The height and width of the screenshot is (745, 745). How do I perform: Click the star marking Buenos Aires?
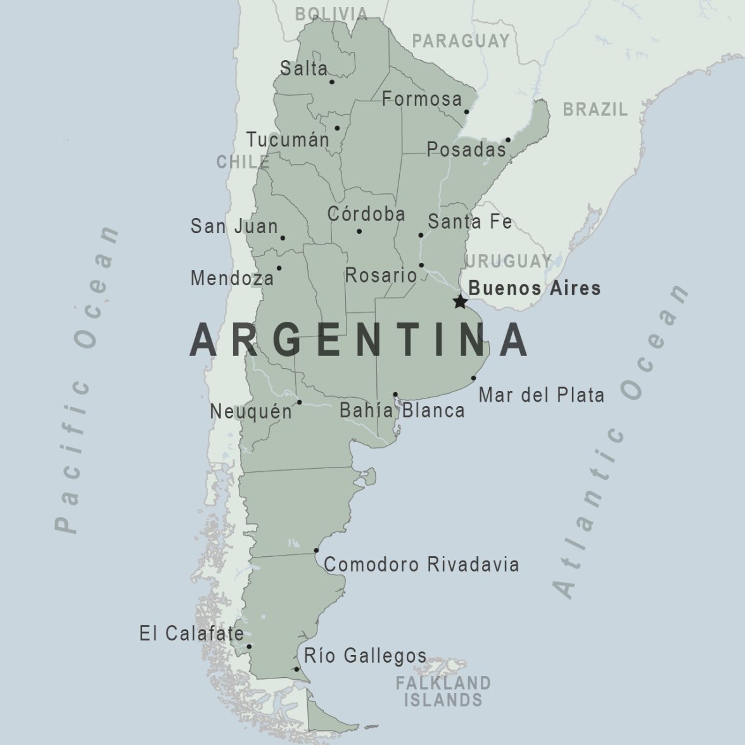pyautogui.click(x=461, y=302)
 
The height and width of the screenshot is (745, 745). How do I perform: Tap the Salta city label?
pyautogui.click(x=304, y=68)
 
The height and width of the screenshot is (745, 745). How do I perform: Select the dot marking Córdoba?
pyautogui.click(x=359, y=231)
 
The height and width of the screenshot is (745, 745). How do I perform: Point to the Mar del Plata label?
pyautogui.click(x=541, y=395)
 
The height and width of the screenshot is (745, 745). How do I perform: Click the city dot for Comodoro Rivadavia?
pyautogui.click(x=316, y=551)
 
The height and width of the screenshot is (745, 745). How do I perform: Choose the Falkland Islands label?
pyautogui.click(x=443, y=691)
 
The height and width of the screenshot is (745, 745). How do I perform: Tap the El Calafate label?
pyautogui.click(x=191, y=633)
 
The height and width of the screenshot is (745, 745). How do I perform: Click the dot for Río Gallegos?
pyautogui.click(x=296, y=669)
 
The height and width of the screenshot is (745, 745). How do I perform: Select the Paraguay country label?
pyautogui.click(x=461, y=41)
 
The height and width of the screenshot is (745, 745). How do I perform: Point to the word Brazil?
pyautogui.click(x=595, y=110)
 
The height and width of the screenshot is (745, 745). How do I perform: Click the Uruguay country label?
pyautogui.click(x=508, y=261)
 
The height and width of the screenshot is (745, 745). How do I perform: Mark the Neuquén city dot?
pyautogui.click(x=299, y=402)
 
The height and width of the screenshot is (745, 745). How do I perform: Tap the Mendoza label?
pyautogui.click(x=232, y=277)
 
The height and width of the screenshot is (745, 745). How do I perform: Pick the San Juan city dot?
pyautogui.click(x=283, y=238)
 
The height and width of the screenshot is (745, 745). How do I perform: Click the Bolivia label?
pyautogui.click(x=331, y=14)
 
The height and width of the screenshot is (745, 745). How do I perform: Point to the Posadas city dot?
pyautogui.click(x=508, y=140)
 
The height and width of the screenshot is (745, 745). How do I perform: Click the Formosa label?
pyautogui.click(x=422, y=99)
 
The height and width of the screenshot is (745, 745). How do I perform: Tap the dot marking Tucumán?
pyautogui.click(x=337, y=129)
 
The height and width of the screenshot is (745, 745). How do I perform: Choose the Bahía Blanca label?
pyautogui.click(x=402, y=411)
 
